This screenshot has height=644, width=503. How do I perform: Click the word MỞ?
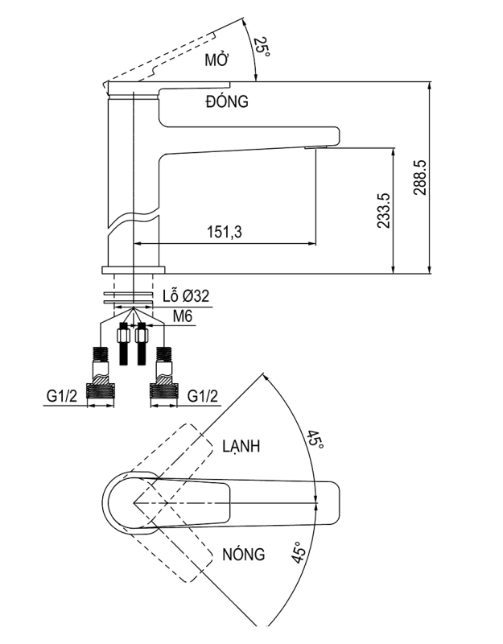pos(215,61)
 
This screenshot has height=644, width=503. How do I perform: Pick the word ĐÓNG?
pos(226,101)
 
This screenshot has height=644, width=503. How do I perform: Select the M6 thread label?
pos(183,317)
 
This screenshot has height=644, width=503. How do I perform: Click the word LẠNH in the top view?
pos(244,445)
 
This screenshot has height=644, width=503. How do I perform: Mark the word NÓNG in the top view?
pos(244,555)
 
